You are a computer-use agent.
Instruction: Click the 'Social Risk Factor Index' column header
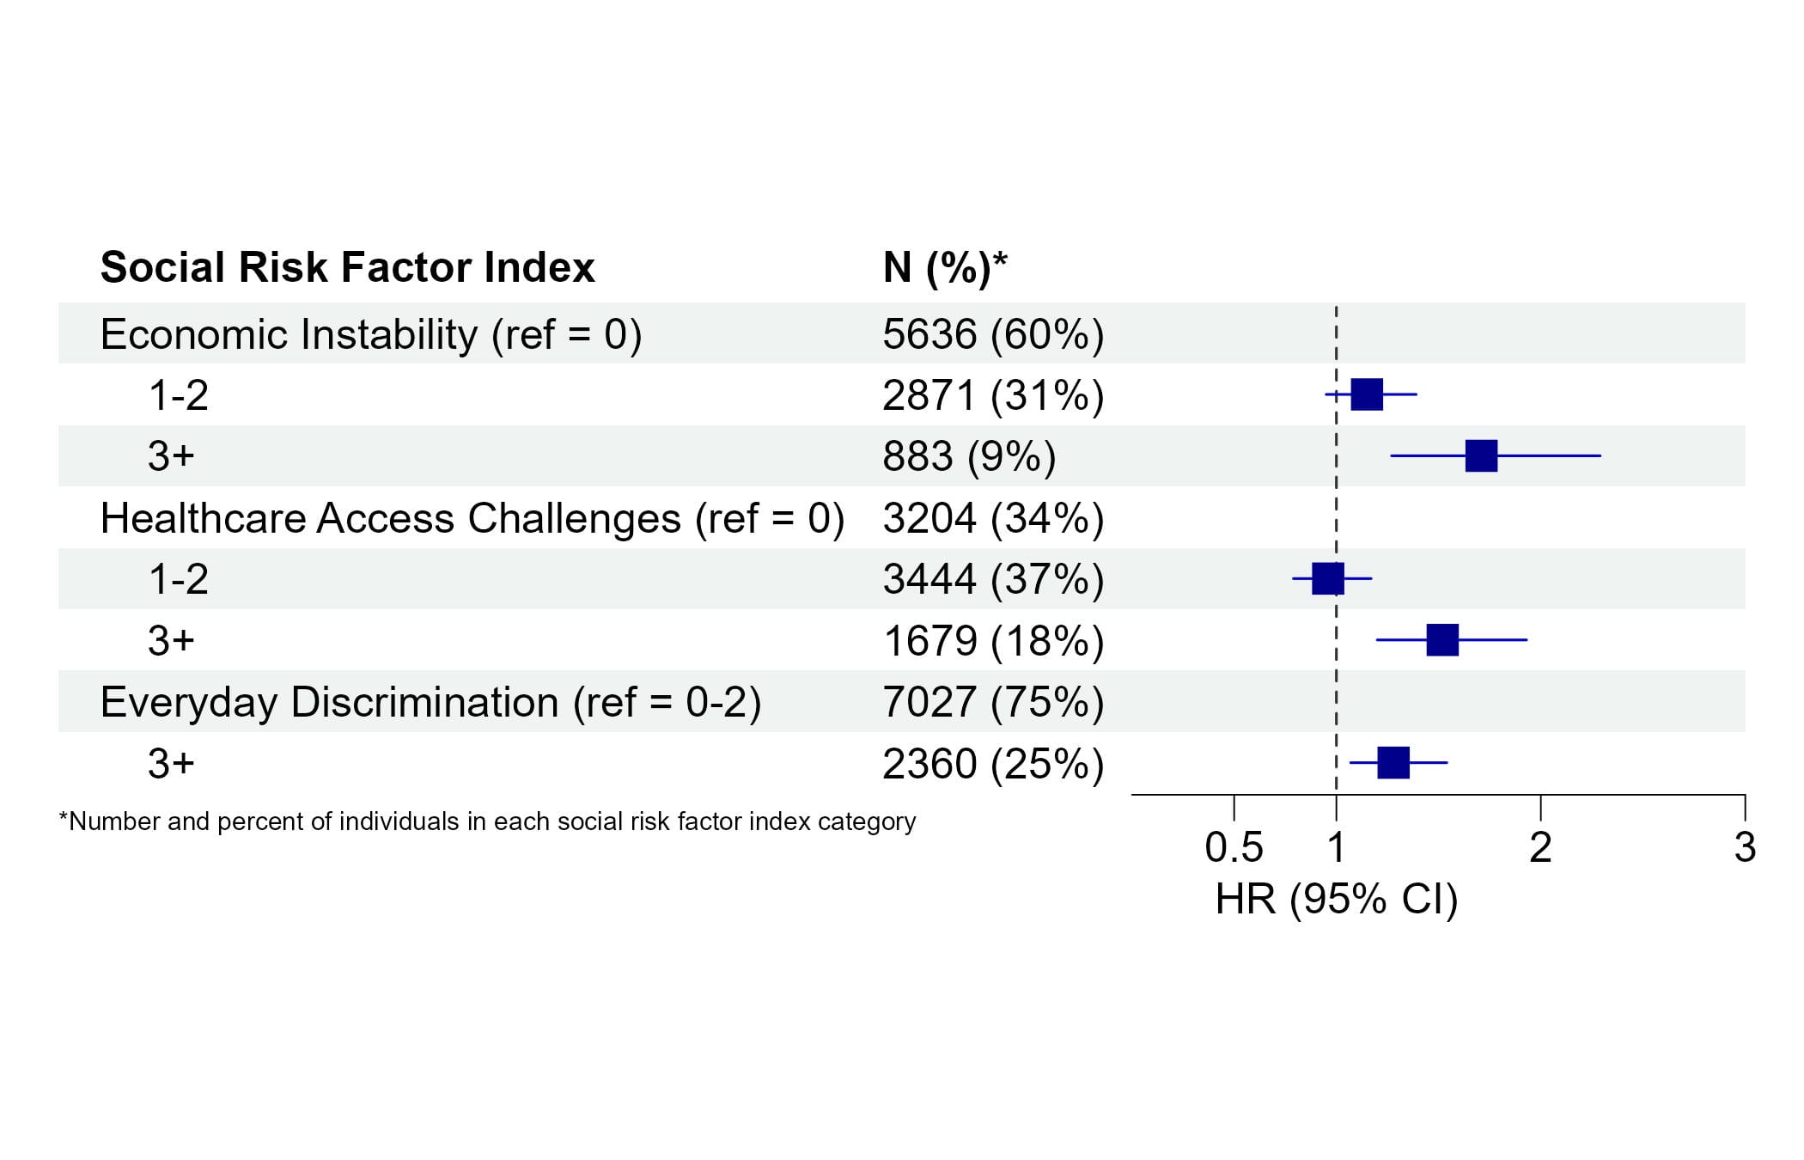pyautogui.click(x=347, y=267)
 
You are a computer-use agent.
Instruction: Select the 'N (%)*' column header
pyautogui.click(x=945, y=267)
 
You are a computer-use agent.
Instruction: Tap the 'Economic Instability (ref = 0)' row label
pyautogui.click(x=371, y=334)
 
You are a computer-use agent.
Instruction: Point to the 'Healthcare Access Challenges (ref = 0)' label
pyautogui.click(x=472, y=518)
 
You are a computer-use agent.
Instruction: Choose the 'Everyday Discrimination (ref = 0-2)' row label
pyautogui.click(x=430, y=702)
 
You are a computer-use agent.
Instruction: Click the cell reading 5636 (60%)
pyautogui.click(x=993, y=334)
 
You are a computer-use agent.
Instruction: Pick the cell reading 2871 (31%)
pyautogui.click(x=993, y=395)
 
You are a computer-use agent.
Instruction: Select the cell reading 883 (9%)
pyautogui.click(x=969, y=456)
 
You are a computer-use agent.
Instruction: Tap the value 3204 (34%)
pyautogui.click(x=993, y=518)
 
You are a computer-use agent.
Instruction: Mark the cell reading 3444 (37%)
pyautogui.click(x=993, y=579)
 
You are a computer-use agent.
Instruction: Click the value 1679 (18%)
pyautogui.click(x=993, y=641)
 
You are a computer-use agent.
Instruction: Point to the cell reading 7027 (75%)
pyautogui.click(x=993, y=702)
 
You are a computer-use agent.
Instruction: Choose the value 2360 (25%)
pyautogui.click(x=993, y=764)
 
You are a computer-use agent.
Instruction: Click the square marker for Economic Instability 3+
pyautogui.click(x=1481, y=455)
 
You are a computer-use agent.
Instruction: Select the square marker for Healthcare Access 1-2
pyautogui.click(x=1327, y=578)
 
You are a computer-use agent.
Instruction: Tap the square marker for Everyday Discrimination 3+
pyautogui.click(x=1393, y=762)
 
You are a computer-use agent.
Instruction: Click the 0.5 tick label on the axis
pyautogui.click(x=1234, y=848)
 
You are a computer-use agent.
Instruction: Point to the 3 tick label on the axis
pyautogui.click(x=1745, y=848)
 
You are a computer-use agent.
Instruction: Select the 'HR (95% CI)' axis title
pyautogui.click(x=1337, y=900)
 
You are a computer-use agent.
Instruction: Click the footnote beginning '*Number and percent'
pyautogui.click(x=487, y=821)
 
